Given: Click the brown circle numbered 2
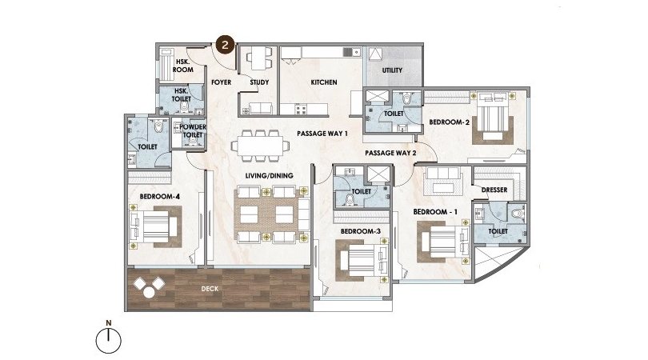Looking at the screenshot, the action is pyautogui.click(x=225, y=44).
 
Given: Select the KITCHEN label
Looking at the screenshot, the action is pyautogui.click(x=324, y=82).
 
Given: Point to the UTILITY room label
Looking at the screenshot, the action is pyautogui.click(x=392, y=70).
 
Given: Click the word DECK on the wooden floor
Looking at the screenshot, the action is pyautogui.click(x=210, y=289).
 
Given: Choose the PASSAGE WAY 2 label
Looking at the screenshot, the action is pyautogui.click(x=390, y=153).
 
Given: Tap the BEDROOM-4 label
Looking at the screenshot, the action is pyautogui.click(x=159, y=196).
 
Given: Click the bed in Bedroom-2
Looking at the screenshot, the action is pyautogui.click(x=492, y=115).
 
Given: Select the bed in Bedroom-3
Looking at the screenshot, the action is pyautogui.click(x=362, y=260).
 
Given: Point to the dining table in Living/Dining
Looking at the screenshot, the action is pyautogui.click(x=260, y=146).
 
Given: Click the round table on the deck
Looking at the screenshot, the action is pyautogui.click(x=149, y=293).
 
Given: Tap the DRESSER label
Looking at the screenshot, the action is pyautogui.click(x=494, y=190).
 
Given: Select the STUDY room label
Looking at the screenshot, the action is pyautogui.click(x=259, y=82).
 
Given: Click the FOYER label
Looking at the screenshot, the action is pyautogui.click(x=221, y=82).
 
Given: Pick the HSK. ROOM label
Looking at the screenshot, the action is pyautogui.click(x=182, y=66).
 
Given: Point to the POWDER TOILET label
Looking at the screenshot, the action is pyautogui.click(x=193, y=130).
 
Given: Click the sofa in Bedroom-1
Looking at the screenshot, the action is pyautogui.click(x=443, y=180).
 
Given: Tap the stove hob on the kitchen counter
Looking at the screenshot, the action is pyautogui.click(x=300, y=110).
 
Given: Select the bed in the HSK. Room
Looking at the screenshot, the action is pyautogui.click(x=167, y=65).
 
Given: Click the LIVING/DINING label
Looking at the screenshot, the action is pyautogui.click(x=269, y=176).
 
